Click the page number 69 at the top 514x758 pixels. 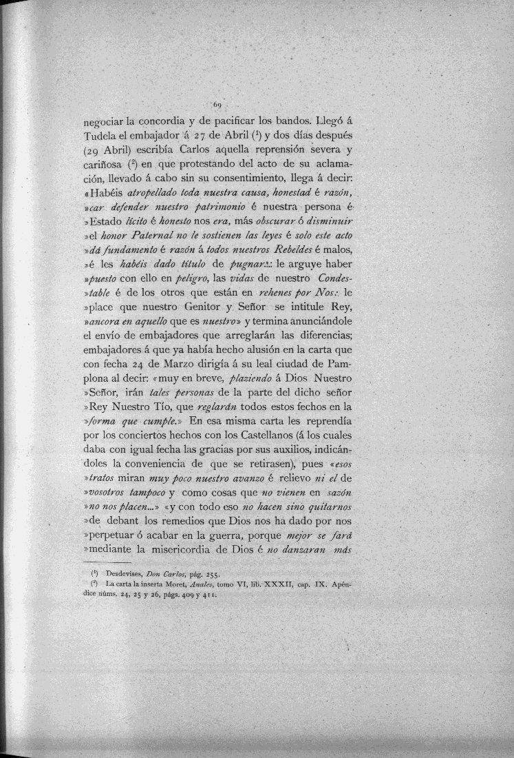coord(216,105)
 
